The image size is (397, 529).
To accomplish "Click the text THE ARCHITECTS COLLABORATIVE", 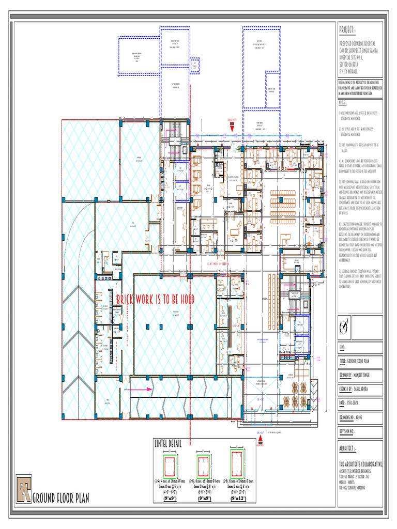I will click(x=361, y=464).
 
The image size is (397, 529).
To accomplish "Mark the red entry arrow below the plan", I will click(x=262, y=439).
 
